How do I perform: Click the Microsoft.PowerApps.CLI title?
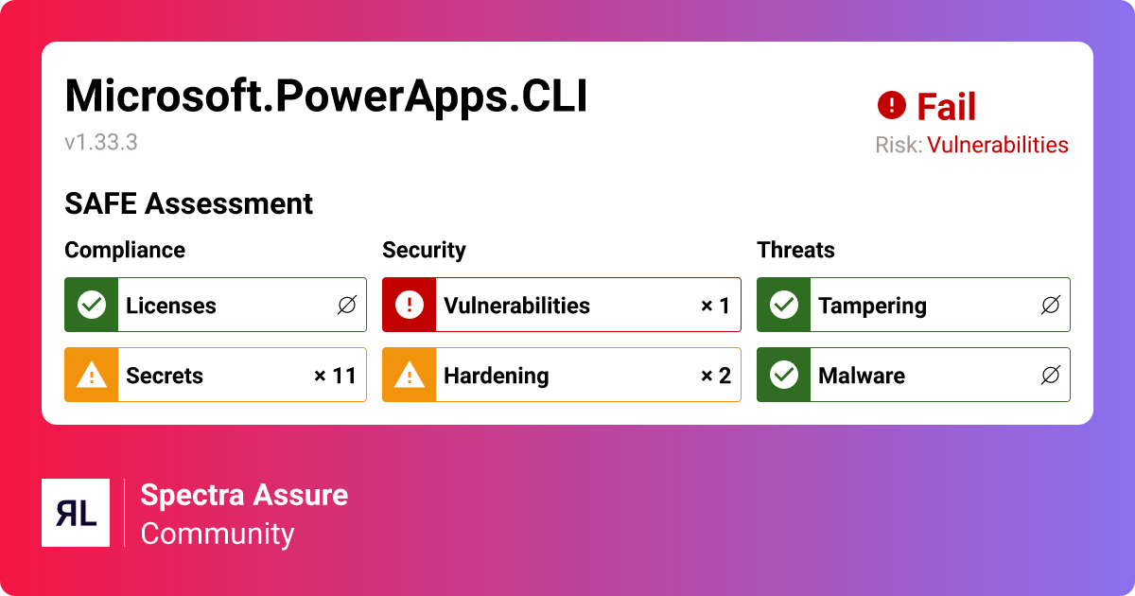(x=326, y=96)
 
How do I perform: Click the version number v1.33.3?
(x=101, y=143)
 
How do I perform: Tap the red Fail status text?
(x=946, y=107)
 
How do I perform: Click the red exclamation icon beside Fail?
(x=891, y=105)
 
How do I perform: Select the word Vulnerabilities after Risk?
(x=997, y=145)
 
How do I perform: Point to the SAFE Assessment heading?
(x=188, y=203)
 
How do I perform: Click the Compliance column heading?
(x=125, y=250)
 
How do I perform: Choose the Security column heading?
(x=424, y=250)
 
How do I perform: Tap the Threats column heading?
(x=795, y=250)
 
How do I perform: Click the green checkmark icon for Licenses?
(x=91, y=305)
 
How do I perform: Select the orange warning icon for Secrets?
(x=91, y=375)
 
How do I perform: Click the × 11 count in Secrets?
(x=335, y=376)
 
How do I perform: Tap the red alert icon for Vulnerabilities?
(x=409, y=305)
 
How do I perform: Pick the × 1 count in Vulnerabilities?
(x=715, y=306)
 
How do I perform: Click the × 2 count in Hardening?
(x=715, y=376)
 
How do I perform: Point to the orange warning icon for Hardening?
(x=409, y=375)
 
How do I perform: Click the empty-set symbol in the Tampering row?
(x=1050, y=306)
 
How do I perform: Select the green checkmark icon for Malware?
(x=783, y=375)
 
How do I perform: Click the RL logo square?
(x=76, y=513)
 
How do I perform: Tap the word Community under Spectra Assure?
(x=218, y=534)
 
